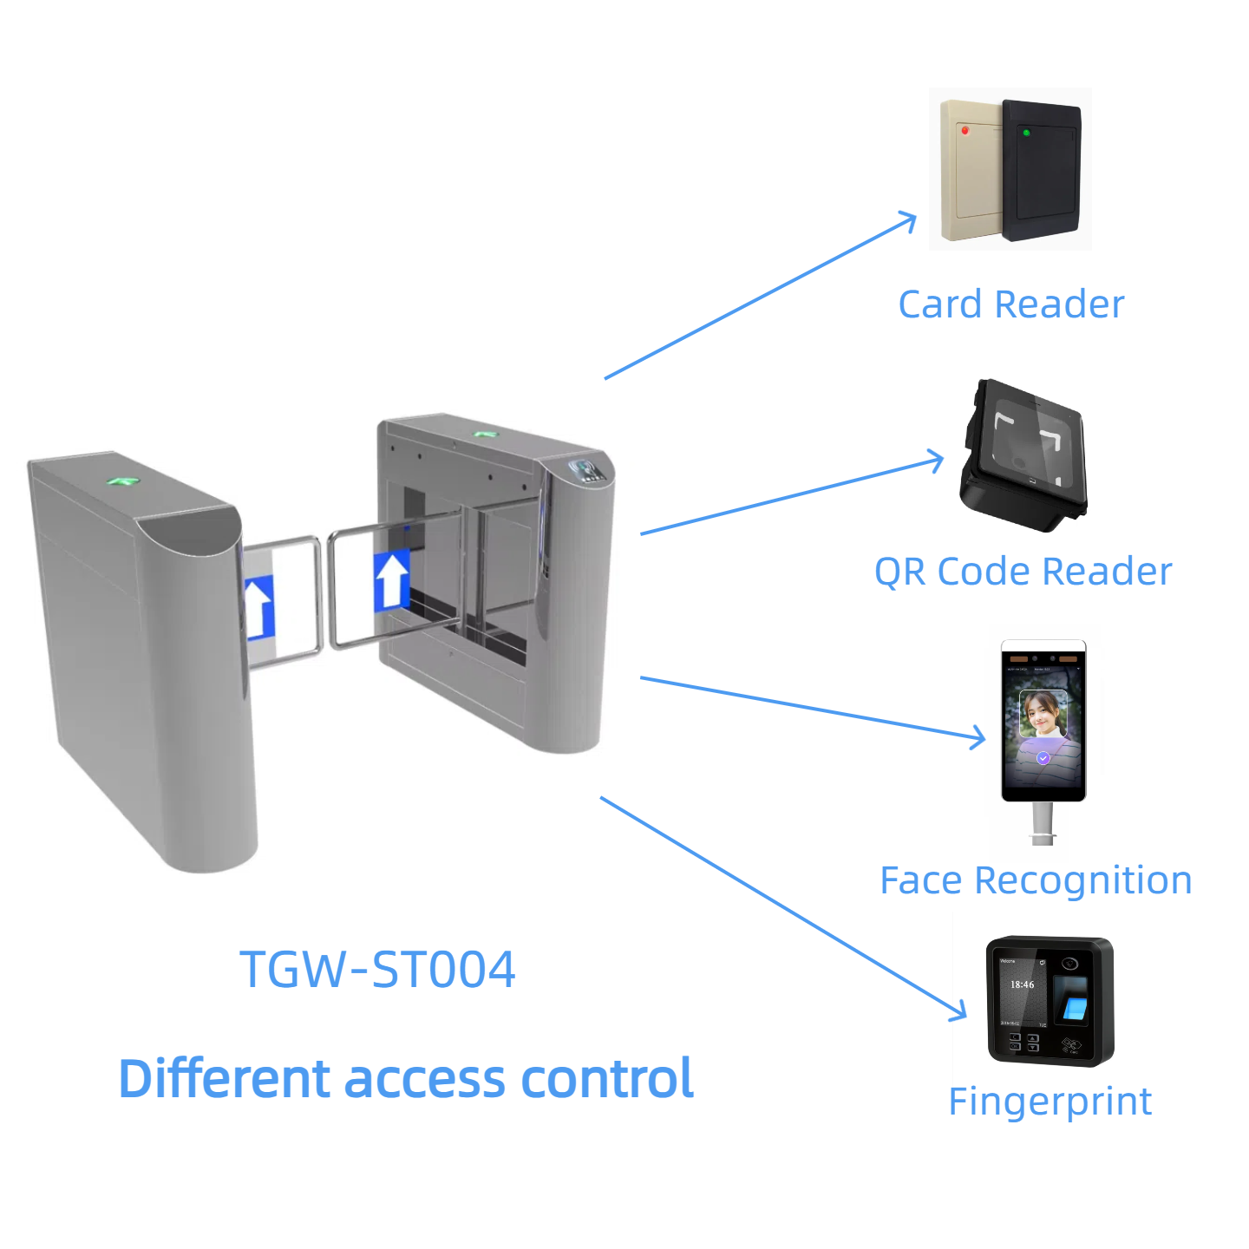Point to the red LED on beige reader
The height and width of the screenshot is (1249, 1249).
pyautogui.click(x=965, y=131)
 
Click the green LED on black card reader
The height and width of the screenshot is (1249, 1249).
pyautogui.click(x=1026, y=133)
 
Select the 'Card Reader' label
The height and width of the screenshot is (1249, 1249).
pyautogui.click(x=1010, y=304)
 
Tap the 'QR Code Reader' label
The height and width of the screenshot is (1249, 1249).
pyautogui.click(x=1023, y=572)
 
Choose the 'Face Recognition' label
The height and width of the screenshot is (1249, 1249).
pyautogui.click(x=1036, y=880)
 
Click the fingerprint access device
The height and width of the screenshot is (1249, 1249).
pyautogui.click(x=1050, y=1001)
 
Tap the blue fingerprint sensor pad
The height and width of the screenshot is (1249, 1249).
pyautogui.click(x=1075, y=1008)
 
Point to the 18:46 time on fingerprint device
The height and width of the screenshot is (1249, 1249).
pyautogui.click(x=1022, y=984)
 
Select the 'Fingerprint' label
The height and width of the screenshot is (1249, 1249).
pyautogui.click(x=1050, y=1102)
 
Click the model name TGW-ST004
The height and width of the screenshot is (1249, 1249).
pyautogui.click(x=377, y=969)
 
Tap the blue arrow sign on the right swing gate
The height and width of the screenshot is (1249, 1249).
pyautogui.click(x=391, y=579)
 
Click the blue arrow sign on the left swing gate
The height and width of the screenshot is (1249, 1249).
pyautogui.click(x=258, y=607)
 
